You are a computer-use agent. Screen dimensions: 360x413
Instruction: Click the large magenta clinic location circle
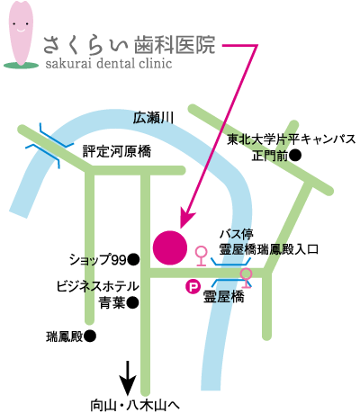click(x=170, y=247)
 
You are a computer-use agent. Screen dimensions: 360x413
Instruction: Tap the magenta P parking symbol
click(x=193, y=287)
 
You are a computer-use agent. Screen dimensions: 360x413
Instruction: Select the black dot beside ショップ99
click(x=133, y=260)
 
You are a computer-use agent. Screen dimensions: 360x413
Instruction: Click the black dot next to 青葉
click(x=132, y=302)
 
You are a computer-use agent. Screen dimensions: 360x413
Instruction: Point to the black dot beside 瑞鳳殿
click(x=90, y=337)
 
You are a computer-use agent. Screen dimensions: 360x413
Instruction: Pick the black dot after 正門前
click(x=295, y=156)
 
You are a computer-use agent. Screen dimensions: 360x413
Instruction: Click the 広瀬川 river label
click(x=153, y=118)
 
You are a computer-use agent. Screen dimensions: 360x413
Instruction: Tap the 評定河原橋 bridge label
click(x=117, y=151)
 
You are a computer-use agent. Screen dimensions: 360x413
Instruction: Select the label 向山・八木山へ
click(x=135, y=406)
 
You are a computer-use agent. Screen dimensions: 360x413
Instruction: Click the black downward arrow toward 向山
click(x=128, y=378)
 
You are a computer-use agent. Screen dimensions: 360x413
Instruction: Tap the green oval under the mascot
click(x=21, y=65)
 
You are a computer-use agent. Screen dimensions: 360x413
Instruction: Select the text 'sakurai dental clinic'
click(x=109, y=63)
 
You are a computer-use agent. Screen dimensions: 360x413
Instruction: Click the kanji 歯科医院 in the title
click(x=175, y=45)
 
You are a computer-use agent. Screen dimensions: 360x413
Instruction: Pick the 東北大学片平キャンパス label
click(x=291, y=139)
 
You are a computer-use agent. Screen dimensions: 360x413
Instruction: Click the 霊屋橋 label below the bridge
click(x=224, y=297)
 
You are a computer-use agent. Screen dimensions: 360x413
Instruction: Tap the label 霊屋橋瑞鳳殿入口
click(x=268, y=249)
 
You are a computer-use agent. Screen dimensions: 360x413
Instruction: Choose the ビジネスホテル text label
click(x=98, y=286)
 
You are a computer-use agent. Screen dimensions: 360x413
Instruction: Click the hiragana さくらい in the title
click(x=85, y=45)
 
